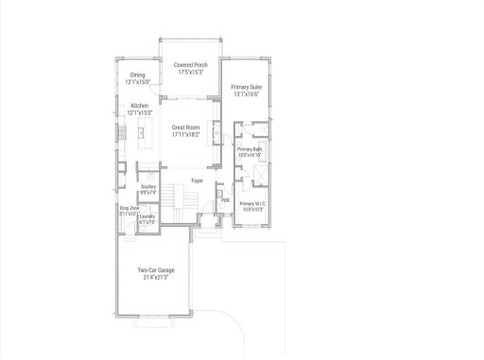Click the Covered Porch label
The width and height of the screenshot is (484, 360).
191,64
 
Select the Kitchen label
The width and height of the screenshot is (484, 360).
139,105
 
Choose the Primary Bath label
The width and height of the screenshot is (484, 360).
250,149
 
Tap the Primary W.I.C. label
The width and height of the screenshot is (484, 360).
252,203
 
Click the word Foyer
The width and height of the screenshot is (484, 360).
198,180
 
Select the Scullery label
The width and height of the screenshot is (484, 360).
147,187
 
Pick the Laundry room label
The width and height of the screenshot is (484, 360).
147,216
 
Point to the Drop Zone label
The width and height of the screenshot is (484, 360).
129,208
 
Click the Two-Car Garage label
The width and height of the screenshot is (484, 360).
155,270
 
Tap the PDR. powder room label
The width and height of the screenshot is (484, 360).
225,200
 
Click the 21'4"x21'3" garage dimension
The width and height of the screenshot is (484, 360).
155,277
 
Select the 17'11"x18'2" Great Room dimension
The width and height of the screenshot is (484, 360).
190,134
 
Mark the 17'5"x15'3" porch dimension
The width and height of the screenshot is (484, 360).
191,72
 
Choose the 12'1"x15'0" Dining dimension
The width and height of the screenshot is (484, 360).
137,82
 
